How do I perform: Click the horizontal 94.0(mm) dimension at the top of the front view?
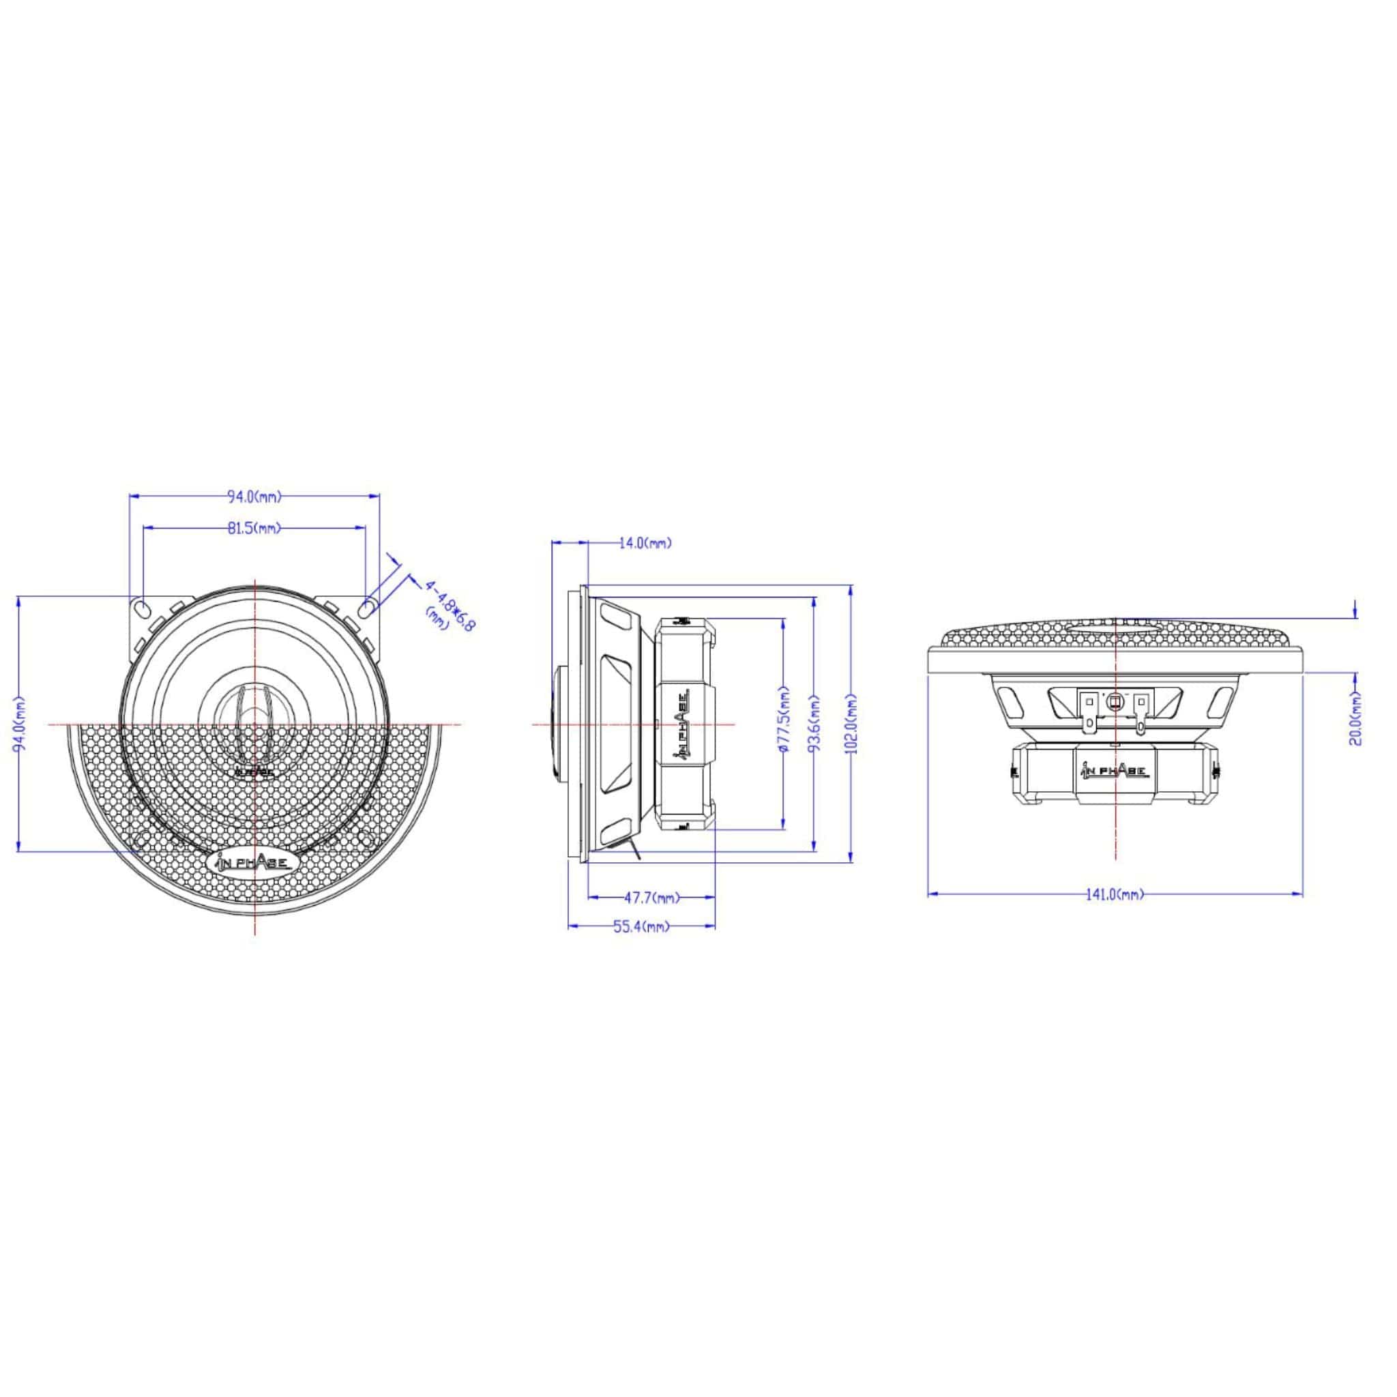[x=254, y=497]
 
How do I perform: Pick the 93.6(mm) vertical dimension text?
[x=815, y=724]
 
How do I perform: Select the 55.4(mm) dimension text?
[x=641, y=927]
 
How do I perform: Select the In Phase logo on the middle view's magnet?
[x=683, y=724]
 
